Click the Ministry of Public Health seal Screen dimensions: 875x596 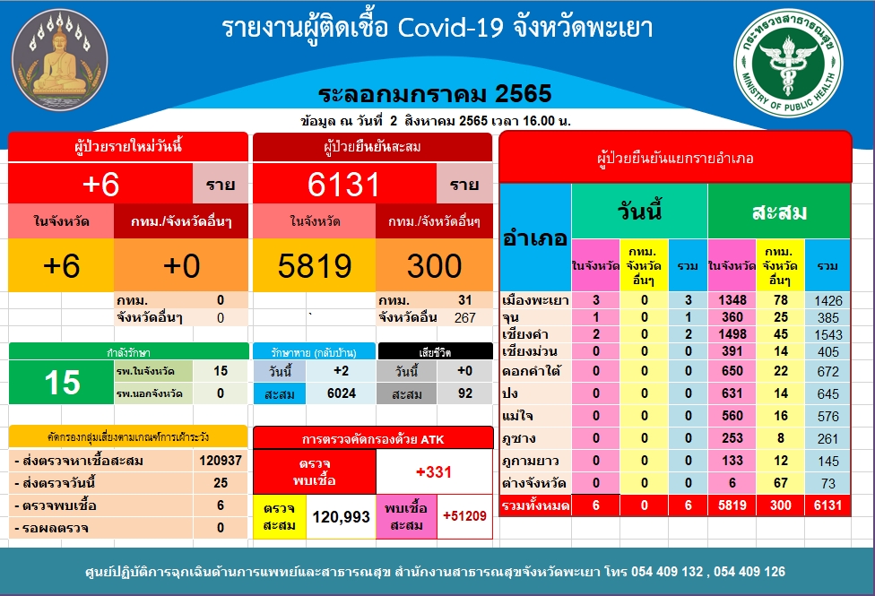(x=788, y=63)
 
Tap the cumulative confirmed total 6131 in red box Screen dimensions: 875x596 (x=344, y=184)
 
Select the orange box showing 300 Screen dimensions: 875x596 (x=434, y=265)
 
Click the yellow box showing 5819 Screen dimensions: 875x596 (x=314, y=265)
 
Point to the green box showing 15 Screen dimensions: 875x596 (x=62, y=383)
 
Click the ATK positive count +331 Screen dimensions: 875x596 (x=434, y=472)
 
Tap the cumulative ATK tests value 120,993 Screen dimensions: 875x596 (x=341, y=517)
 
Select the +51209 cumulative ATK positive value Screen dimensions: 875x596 (x=464, y=516)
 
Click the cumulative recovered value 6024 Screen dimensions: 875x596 (x=341, y=393)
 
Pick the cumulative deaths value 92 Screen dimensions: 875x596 (x=464, y=393)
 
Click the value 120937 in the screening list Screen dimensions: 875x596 (x=221, y=461)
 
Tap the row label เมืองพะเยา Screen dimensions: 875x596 (x=535, y=300)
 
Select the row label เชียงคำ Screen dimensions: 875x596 (x=524, y=334)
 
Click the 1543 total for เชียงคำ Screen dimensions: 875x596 (x=828, y=335)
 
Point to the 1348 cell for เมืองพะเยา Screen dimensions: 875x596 (x=732, y=300)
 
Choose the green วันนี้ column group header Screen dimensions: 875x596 (x=639, y=212)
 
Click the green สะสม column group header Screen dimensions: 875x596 (x=779, y=212)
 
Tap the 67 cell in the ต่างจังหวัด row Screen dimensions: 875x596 (x=780, y=483)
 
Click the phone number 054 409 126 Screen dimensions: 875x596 (x=749, y=572)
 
